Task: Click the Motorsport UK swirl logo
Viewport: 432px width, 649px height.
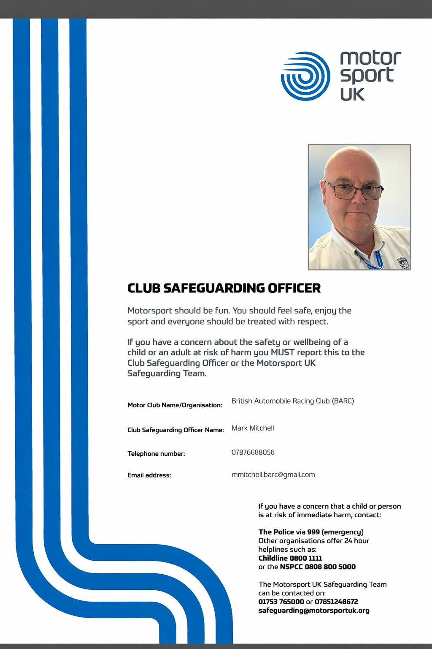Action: [x=305, y=76]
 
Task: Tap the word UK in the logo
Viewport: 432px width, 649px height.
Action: [x=352, y=94]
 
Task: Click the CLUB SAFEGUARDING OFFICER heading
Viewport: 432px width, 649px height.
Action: [x=224, y=288]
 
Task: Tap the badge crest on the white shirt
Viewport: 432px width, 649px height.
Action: [x=403, y=263]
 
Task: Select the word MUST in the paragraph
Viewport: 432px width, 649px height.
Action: [x=282, y=352]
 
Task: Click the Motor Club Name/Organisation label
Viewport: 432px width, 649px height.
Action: [x=175, y=405]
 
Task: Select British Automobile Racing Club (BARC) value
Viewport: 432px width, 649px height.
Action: [x=292, y=401]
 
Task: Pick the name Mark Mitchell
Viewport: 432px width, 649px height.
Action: [x=253, y=428]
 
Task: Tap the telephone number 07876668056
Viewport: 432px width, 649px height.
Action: [x=253, y=452]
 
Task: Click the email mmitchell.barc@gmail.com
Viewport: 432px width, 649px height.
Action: [x=273, y=474]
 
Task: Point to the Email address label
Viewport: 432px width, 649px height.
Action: [x=149, y=475]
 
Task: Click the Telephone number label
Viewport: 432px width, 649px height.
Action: [x=156, y=454]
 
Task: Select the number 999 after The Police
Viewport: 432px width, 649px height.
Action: [x=313, y=532]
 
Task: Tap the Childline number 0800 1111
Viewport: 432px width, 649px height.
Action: [x=305, y=558]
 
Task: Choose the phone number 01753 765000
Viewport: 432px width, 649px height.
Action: [x=281, y=602]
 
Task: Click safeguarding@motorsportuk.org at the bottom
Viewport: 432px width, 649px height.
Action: [x=313, y=611]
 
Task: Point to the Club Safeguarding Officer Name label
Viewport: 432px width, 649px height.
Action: [x=175, y=430]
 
